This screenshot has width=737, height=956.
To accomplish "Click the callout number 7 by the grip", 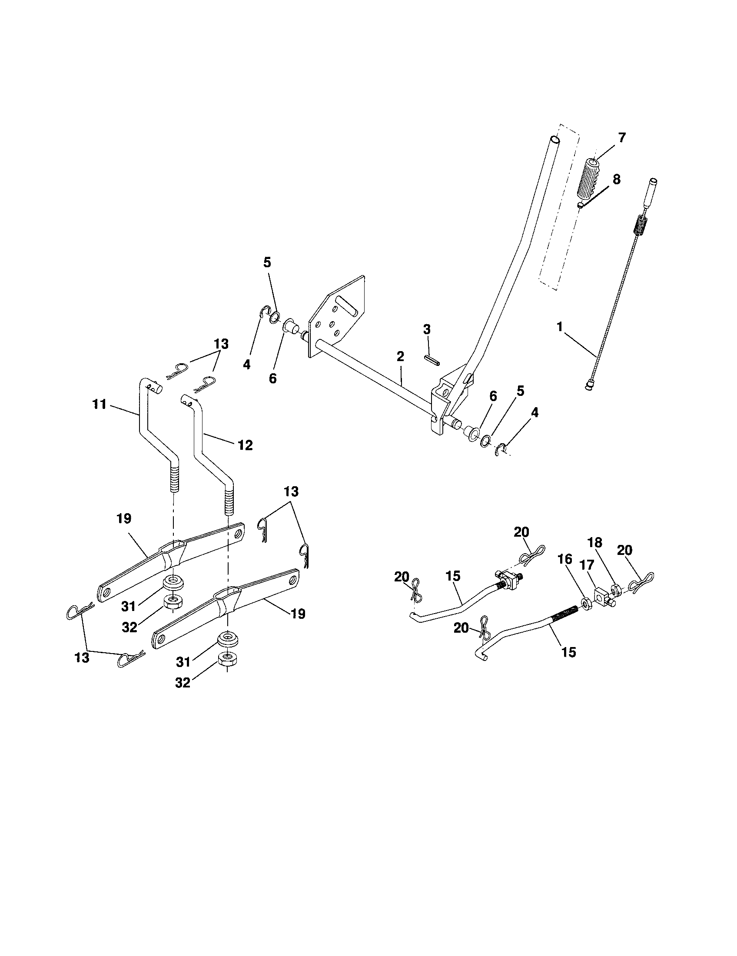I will point(622,136).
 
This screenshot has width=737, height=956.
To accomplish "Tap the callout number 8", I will point(616,179).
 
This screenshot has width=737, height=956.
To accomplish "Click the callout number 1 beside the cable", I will point(559,327).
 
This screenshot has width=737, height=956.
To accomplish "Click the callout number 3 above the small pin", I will point(427,329).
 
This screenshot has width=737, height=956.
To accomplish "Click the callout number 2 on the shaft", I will point(400,356).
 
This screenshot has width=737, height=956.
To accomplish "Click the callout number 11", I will point(100,404).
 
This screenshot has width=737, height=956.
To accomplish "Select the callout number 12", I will point(245,445).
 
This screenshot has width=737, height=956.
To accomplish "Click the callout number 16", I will point(564,559).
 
